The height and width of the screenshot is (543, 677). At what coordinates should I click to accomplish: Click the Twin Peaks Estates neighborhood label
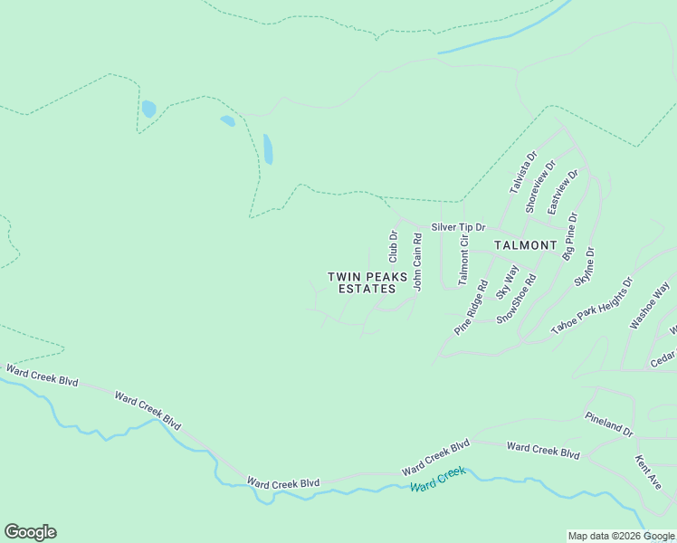click(x=362, y=282)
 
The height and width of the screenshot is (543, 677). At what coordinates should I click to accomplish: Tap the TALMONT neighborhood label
click(x=525, y=245)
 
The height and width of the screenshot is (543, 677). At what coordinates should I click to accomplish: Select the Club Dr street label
click(x=394, y=247)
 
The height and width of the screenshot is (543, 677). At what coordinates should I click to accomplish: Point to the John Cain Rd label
click(x=418, y=262)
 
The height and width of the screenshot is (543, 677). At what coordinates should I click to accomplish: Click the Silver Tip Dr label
click(x=458, y=227)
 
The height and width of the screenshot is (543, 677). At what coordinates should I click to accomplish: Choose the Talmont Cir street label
click(x=463, y=260)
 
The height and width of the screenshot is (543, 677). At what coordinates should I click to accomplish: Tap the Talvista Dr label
click(x=522, y=171)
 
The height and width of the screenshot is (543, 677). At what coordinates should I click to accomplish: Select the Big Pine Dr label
click(x=569, y=236)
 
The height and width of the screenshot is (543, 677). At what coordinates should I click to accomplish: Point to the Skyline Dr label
click(x=584, y=266)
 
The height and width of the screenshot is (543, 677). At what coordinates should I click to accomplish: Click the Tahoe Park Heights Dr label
click(x=591, y=309)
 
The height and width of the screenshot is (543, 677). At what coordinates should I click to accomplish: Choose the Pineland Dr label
click(x=608, y=423)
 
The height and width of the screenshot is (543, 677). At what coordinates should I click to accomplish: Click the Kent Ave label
click(x=648, y=472)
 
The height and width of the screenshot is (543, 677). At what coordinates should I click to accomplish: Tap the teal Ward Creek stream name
click(x=437, y=479)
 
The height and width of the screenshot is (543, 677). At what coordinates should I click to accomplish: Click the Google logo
click(x=30, y=532)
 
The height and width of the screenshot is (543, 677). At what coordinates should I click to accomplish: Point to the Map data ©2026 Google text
click(x=621, y=536)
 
